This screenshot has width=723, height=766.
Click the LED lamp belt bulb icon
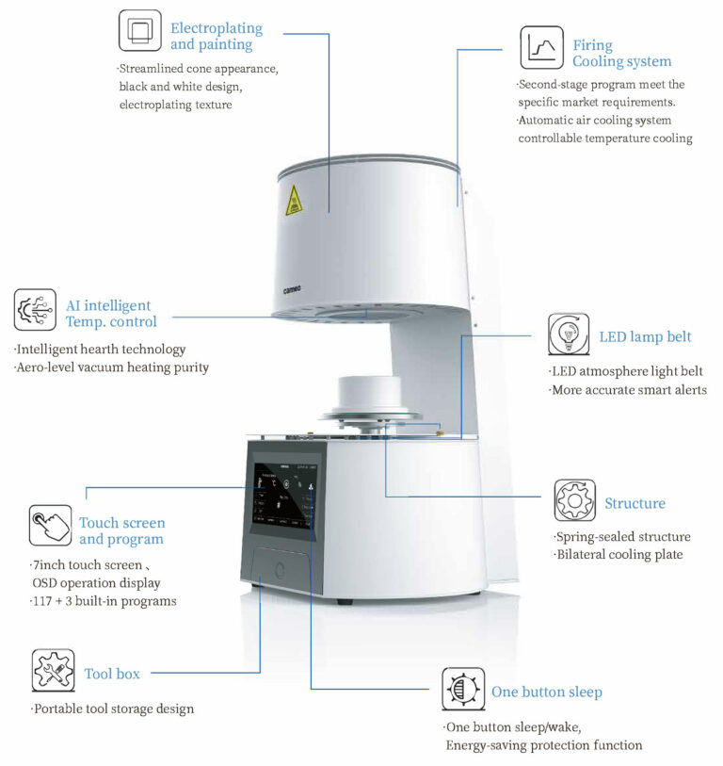point(569,334)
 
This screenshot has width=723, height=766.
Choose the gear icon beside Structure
point(574,500)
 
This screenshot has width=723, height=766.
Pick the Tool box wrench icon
point(54,671)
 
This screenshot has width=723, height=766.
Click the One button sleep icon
point(463,689)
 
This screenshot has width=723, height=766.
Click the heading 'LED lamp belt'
point(645,337)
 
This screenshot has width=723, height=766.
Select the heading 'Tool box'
point(112,674)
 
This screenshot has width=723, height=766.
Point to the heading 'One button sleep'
point(546,692)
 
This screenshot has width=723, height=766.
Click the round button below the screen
point(279,568)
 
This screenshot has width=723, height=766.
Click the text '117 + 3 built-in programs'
point(104,600)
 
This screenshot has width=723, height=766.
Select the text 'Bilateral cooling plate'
point(619,554)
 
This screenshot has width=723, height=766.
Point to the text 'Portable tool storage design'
point(113,709)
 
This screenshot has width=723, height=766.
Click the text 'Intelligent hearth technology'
point(101,350)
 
